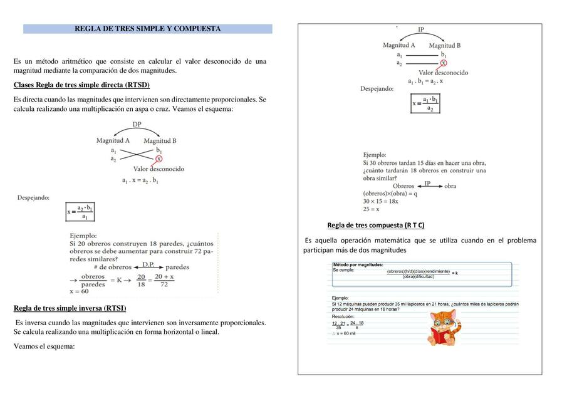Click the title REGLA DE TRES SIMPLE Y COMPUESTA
[x=147, y=29]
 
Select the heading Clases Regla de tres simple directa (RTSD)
[x=81, y=85]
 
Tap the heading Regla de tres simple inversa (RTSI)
[x=70, y=308]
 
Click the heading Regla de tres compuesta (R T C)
[x=375, y=225]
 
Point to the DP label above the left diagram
[x=137, y=125]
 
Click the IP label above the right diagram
[x=421, y=29]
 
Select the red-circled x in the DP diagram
[x=159, y=159]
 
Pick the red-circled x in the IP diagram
[x=443, y=63]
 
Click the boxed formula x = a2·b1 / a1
[x=80, y=211]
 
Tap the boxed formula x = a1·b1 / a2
[x=425, y=103]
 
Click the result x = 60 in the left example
[x=79, y=291]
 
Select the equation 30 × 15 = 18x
[x=380, y=201]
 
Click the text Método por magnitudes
[x=358, y=264]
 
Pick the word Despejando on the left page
[x=33, y=197]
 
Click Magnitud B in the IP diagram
[x=445, y=45]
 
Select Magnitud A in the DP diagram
[x=113, y=141]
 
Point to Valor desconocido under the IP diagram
[x=443, y=73]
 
